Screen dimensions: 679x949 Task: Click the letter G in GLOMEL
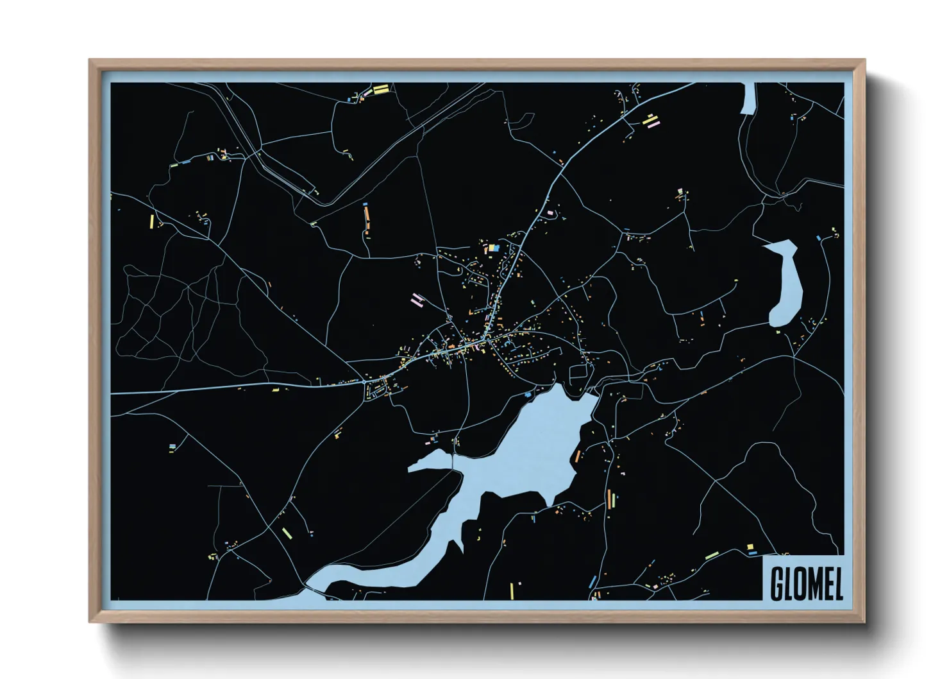pyautogui.click(x=777, y=583)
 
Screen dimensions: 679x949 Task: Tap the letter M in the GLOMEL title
pyautogui.click(x=809, y=583)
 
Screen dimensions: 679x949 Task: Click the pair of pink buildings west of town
pyautogui.click(x=417, y=298)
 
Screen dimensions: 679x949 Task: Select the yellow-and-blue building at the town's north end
pyautogui.click(x=493, y=247)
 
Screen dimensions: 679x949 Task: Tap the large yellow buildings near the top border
pyautogui.click(x=380, y=89)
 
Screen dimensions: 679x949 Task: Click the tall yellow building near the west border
pyautogui.click(x=152, y=221)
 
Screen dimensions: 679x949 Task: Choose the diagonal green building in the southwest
pyautogui.click(x=287, y=532)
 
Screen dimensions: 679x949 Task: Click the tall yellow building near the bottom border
pyautogui.click(x=512, y=589)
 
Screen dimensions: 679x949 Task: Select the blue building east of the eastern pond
pyautogui.click(x=818, y=238)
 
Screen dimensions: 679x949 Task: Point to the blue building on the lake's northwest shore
pyautogui.click(x=528, y=394)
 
